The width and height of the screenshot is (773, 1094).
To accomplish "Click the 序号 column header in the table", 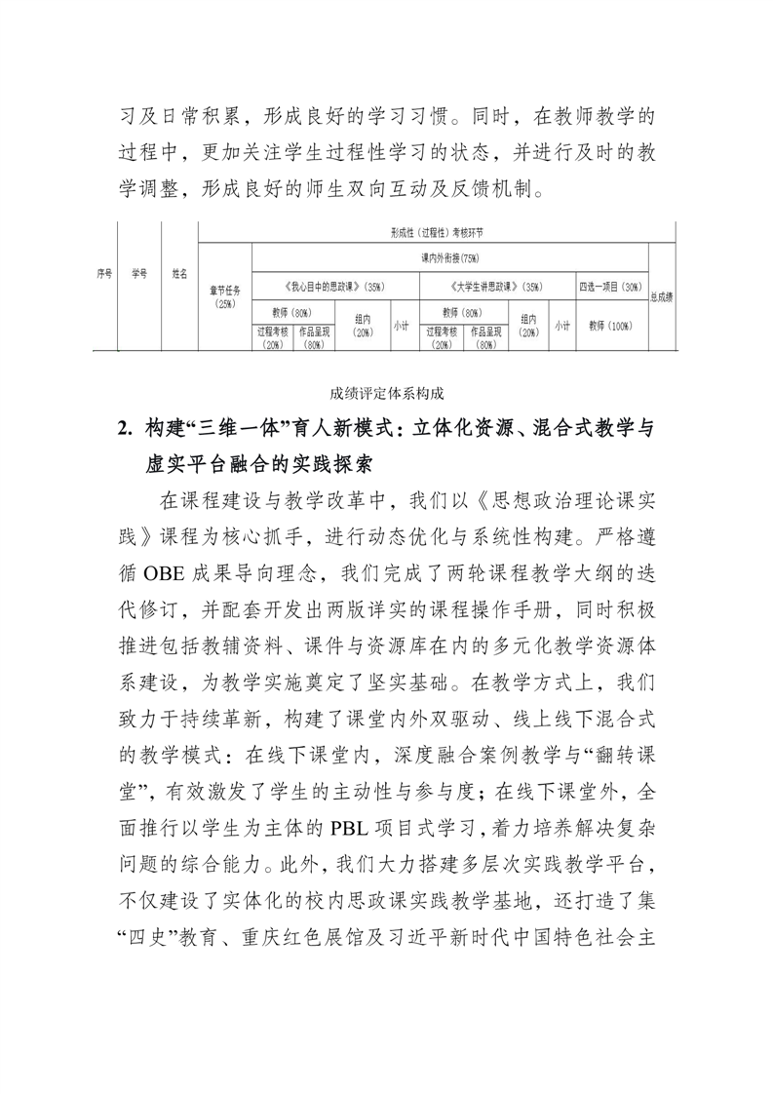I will click(x=104, y=274).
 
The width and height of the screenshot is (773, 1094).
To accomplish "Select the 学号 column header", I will click(x=139, y=274).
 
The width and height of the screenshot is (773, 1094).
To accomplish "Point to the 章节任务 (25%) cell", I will click(x=224, y=296).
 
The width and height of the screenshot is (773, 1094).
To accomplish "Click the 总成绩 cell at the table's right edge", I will click(x=662, y=296).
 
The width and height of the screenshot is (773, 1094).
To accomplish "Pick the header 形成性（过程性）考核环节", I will click(x=436, y=234).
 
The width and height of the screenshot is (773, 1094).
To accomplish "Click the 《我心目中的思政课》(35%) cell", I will click(x=335, y=288).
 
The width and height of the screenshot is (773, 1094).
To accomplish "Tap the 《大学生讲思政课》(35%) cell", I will click(x=497, y=288).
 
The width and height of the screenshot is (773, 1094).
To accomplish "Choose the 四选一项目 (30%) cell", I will click(x=610, y=288).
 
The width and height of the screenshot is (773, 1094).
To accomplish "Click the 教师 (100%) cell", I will click(x=610, y=327).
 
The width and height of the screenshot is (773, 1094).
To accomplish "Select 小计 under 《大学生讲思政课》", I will click(x=561, y=327).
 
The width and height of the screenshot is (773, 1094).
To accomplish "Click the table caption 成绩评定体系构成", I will click(x=386, y=393).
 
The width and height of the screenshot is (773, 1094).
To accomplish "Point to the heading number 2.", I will click(x=123, y=428).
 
